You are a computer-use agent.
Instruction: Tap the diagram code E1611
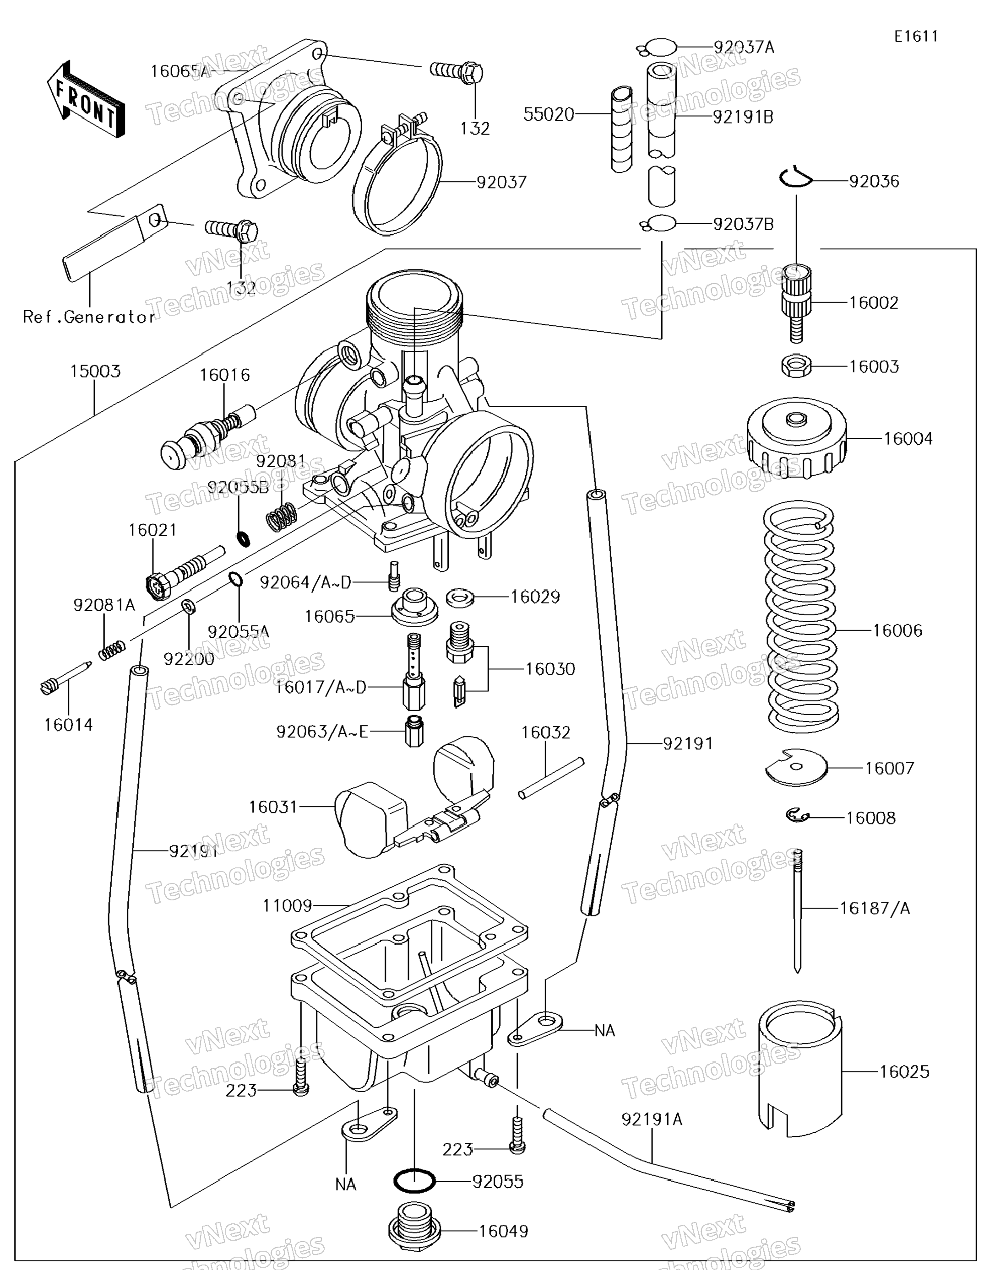point(916,37)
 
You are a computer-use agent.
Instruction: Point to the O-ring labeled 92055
point(414,1181)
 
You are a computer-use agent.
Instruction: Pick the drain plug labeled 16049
point(414,1229)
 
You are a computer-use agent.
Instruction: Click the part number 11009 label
point(287,905)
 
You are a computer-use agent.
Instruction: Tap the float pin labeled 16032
point(550,777)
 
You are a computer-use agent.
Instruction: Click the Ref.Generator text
point(89,317)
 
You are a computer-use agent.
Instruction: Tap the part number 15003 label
point(95,371)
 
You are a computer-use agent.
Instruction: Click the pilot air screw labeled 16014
point(65,678)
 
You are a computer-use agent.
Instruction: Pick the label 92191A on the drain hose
point(652,1119)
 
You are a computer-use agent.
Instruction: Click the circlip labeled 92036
point(795,178)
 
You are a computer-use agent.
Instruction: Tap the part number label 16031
point(273,807)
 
